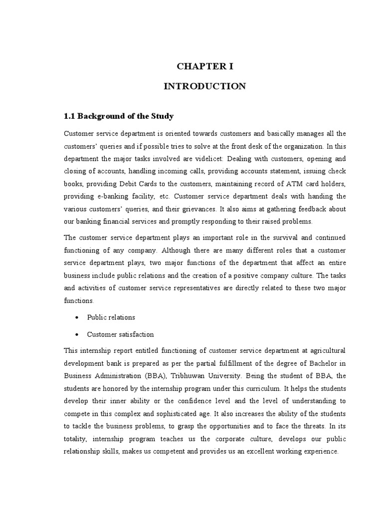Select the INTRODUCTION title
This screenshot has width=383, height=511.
point(205,86)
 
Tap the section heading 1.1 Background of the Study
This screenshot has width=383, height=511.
point(119,116)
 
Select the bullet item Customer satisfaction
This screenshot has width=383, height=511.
point(120,334)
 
